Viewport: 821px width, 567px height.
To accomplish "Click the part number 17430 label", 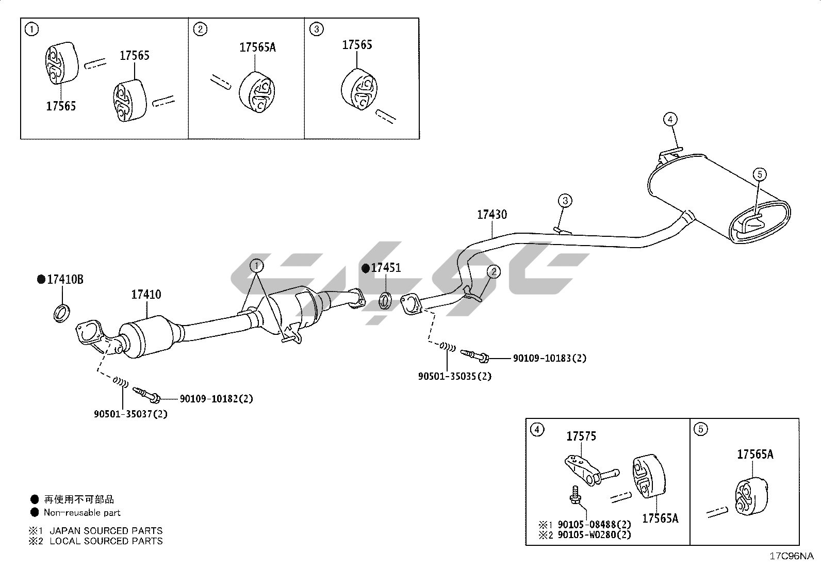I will click(491, 215).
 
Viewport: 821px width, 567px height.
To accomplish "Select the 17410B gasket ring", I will click(61, 313).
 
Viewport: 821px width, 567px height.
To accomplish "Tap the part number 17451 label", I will click(386, 268).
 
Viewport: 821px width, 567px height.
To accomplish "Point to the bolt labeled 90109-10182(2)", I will click(147, 395).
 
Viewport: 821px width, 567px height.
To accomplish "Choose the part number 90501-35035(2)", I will click(454, 376).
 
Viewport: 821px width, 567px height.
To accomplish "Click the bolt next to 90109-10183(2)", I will click(475, 355).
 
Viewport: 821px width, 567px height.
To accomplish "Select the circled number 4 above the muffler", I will click(669, 120).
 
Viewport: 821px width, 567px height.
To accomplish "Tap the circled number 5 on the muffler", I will click(760, 174).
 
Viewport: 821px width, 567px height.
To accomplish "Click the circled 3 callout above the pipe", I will click(565, 200).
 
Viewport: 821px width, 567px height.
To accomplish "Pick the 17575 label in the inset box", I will click(581, 436).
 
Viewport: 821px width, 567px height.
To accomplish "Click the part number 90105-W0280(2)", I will click(595, 535).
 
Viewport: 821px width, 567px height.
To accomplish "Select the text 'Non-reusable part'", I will click(82, 513).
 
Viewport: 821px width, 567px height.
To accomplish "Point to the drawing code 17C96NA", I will click(791, 556).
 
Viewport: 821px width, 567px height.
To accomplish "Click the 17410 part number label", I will click(146, 295).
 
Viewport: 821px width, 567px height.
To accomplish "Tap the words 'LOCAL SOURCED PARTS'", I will click(106, 541).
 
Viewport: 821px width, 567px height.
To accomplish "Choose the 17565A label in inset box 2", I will click(257, 47).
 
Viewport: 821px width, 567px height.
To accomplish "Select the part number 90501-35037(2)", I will click(130, 414).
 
